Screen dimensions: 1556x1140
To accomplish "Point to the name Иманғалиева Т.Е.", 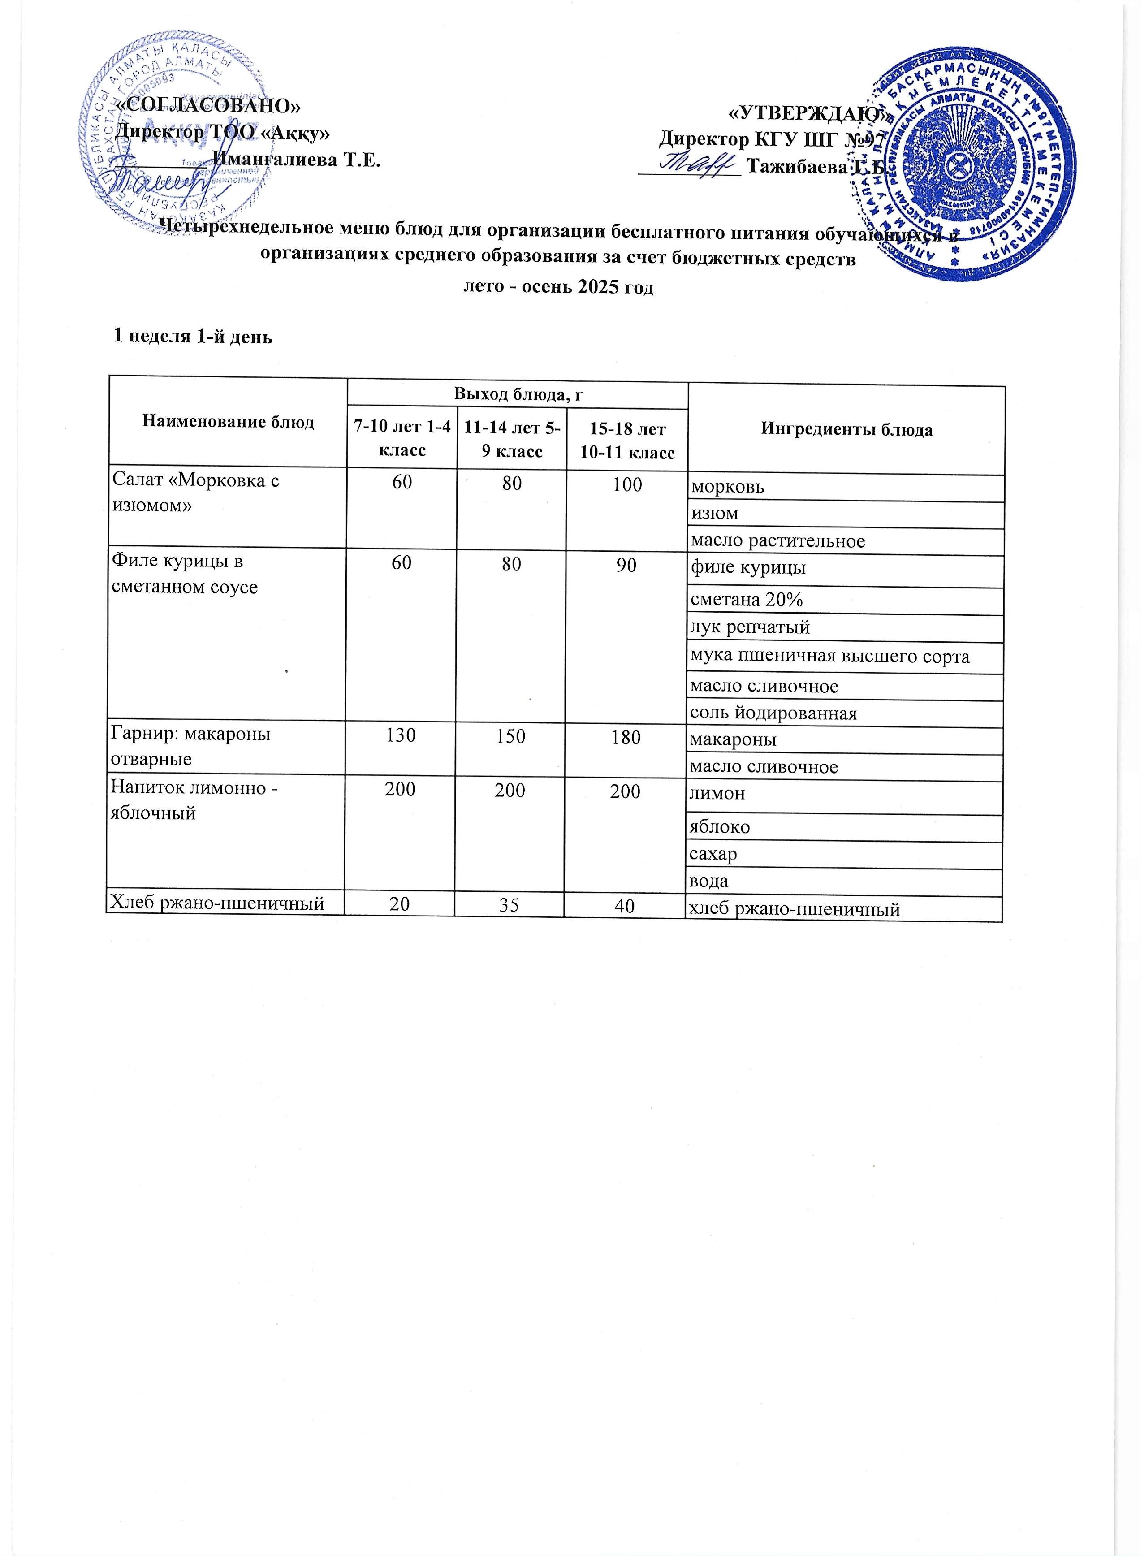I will pos(296,160).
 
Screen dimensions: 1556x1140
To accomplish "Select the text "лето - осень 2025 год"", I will pos(557,286).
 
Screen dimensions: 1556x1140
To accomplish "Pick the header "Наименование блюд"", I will pos(228,422).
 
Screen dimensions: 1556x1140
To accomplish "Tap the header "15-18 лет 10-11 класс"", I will pos(626,440).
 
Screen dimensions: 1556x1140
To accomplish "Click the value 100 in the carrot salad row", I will pos(626,484).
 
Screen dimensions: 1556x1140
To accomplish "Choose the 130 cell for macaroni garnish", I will pos(401,735).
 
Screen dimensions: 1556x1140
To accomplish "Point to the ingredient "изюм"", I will pos(714,514).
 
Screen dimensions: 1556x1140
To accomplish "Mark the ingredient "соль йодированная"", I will pos(773,713).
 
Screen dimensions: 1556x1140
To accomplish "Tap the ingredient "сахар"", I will pos(713,854).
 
